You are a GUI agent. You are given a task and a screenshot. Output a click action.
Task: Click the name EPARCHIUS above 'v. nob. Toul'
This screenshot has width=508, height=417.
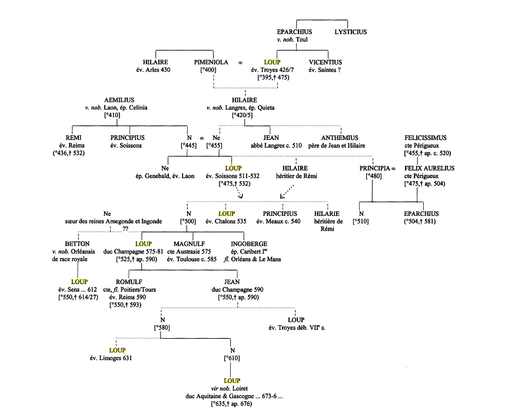[294, 32]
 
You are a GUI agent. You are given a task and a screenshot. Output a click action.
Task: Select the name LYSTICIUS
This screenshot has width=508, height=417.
[352, 32]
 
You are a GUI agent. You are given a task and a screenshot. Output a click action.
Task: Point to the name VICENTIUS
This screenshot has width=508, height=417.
[326, 62]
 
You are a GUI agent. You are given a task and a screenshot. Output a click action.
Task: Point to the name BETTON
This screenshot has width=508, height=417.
[78, 243]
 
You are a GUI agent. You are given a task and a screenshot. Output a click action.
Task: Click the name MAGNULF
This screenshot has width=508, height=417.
[188, 243]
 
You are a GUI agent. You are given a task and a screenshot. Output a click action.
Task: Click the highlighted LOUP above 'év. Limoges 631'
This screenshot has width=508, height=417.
[110, 351]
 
